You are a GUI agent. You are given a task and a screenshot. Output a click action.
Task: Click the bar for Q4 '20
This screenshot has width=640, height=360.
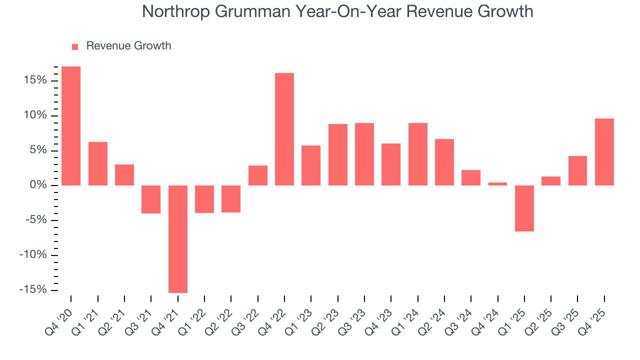coord(71,126)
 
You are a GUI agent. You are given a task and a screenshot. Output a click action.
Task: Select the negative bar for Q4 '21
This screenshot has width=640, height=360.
coord(177,239)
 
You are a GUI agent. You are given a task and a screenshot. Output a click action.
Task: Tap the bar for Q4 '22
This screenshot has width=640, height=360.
coord(284,129)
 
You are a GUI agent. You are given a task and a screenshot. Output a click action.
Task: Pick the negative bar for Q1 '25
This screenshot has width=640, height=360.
coord(524,208)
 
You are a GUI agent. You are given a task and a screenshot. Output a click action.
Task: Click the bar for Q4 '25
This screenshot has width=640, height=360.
coord(604,152)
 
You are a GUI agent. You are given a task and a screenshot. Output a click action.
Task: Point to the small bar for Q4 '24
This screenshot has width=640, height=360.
coord(497,184)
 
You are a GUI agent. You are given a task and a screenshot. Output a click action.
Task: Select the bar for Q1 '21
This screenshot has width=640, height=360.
coord(98,164)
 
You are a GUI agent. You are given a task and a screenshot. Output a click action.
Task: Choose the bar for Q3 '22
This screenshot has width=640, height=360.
coord(258,175)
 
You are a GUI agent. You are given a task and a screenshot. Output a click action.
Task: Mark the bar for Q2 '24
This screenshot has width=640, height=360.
coord(444,162)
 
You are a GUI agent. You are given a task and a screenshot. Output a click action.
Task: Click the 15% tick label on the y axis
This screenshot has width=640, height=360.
coord(34,80)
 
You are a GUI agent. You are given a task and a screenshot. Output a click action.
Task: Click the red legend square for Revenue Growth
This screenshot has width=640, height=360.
coord(75,46)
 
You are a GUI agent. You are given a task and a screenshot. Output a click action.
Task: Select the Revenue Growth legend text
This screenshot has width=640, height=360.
coord(128,46)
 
